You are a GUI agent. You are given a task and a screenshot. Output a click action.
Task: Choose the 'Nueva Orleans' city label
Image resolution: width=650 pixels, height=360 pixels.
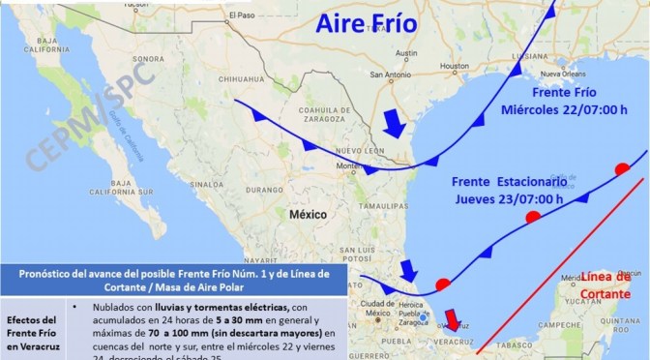point(565,74)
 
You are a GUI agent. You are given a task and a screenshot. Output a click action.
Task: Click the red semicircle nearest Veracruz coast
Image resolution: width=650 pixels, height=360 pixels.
point(442,285)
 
